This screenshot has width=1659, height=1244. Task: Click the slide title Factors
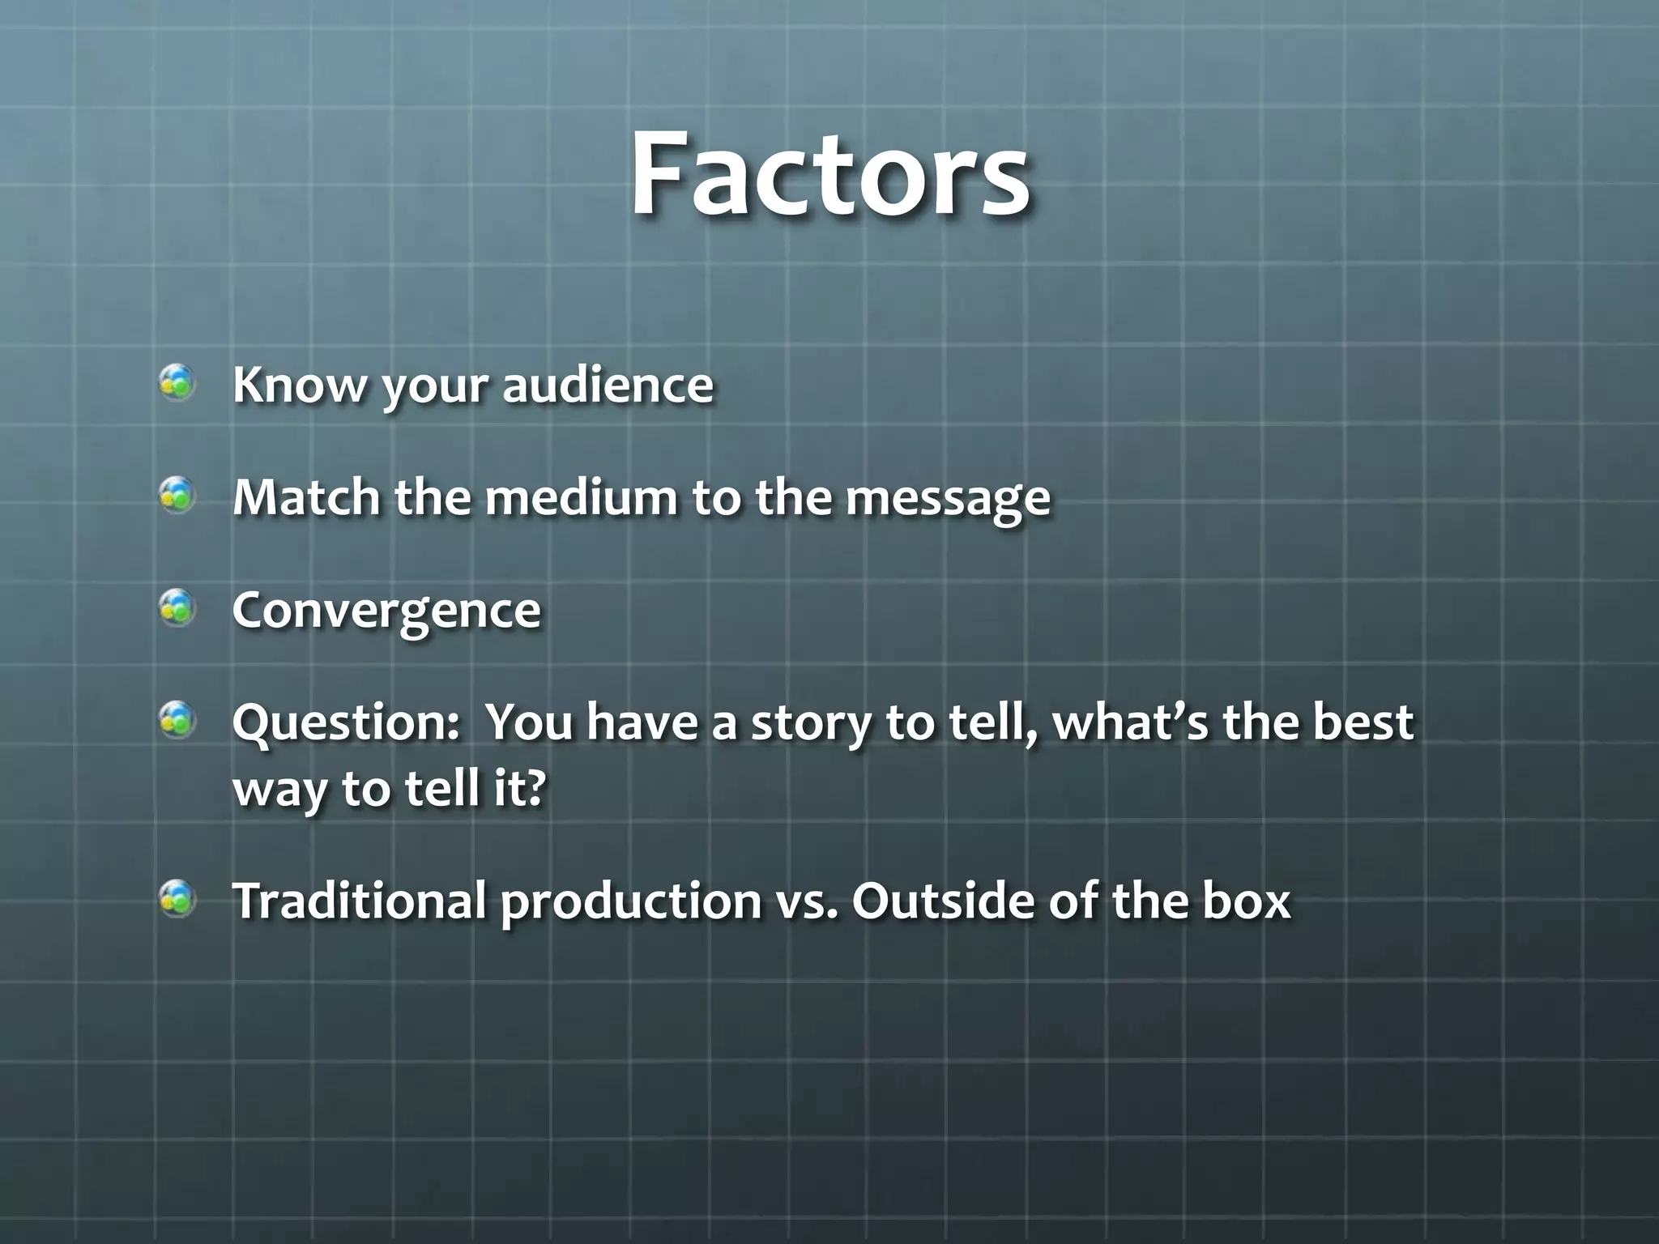pos(829,174)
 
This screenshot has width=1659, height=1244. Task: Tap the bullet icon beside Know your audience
pos(177,382)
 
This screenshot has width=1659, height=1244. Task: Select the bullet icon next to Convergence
pos(177,607)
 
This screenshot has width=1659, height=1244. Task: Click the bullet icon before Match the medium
pos(177,495)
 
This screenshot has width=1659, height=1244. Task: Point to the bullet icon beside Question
pos(177,720)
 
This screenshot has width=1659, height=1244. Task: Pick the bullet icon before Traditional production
pos(177,898)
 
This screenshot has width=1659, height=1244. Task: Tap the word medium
pos(581,496)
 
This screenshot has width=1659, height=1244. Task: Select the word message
pos(948,498)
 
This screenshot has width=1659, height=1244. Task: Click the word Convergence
pos(386,610)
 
